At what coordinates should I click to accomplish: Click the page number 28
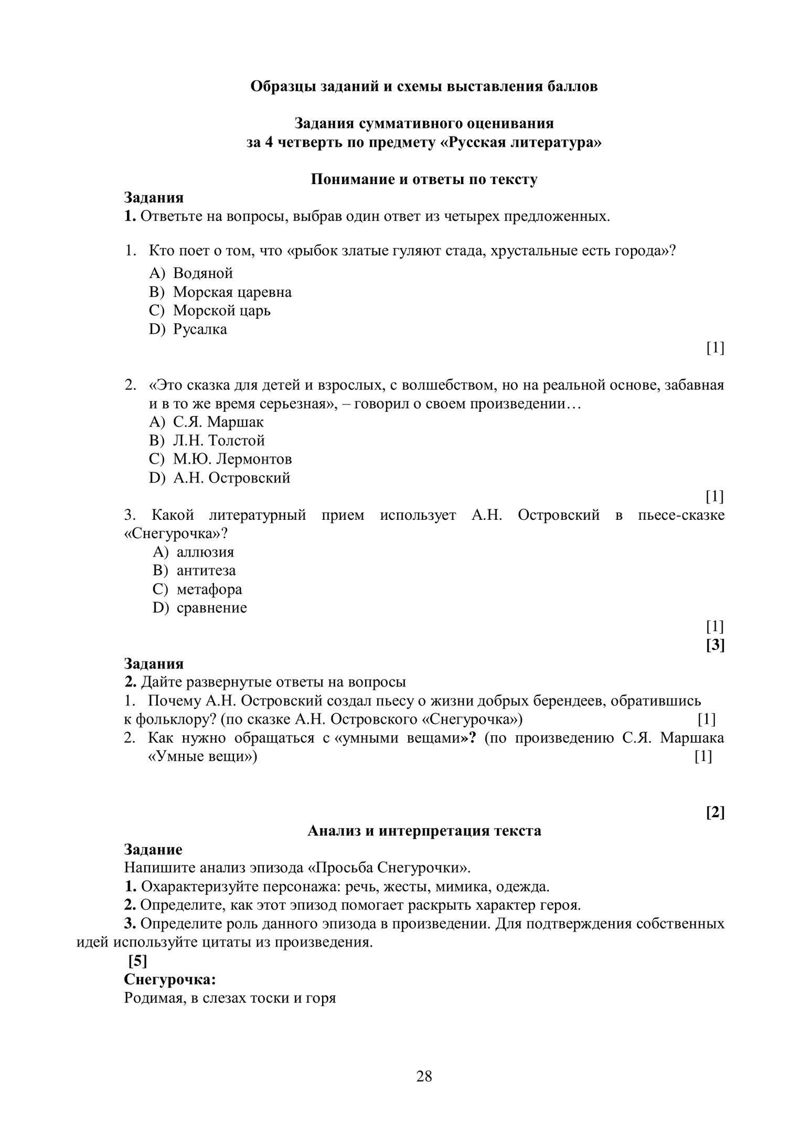(x=424, y=1076)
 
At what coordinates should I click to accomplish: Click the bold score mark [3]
(x=715, y=645)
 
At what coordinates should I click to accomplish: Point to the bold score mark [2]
(x=715, y=813)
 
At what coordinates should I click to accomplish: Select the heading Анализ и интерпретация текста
(x=424, y=831)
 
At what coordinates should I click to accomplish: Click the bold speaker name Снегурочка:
(x=170, y=979)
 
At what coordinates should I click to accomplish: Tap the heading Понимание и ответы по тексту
(x=424, y=179)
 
